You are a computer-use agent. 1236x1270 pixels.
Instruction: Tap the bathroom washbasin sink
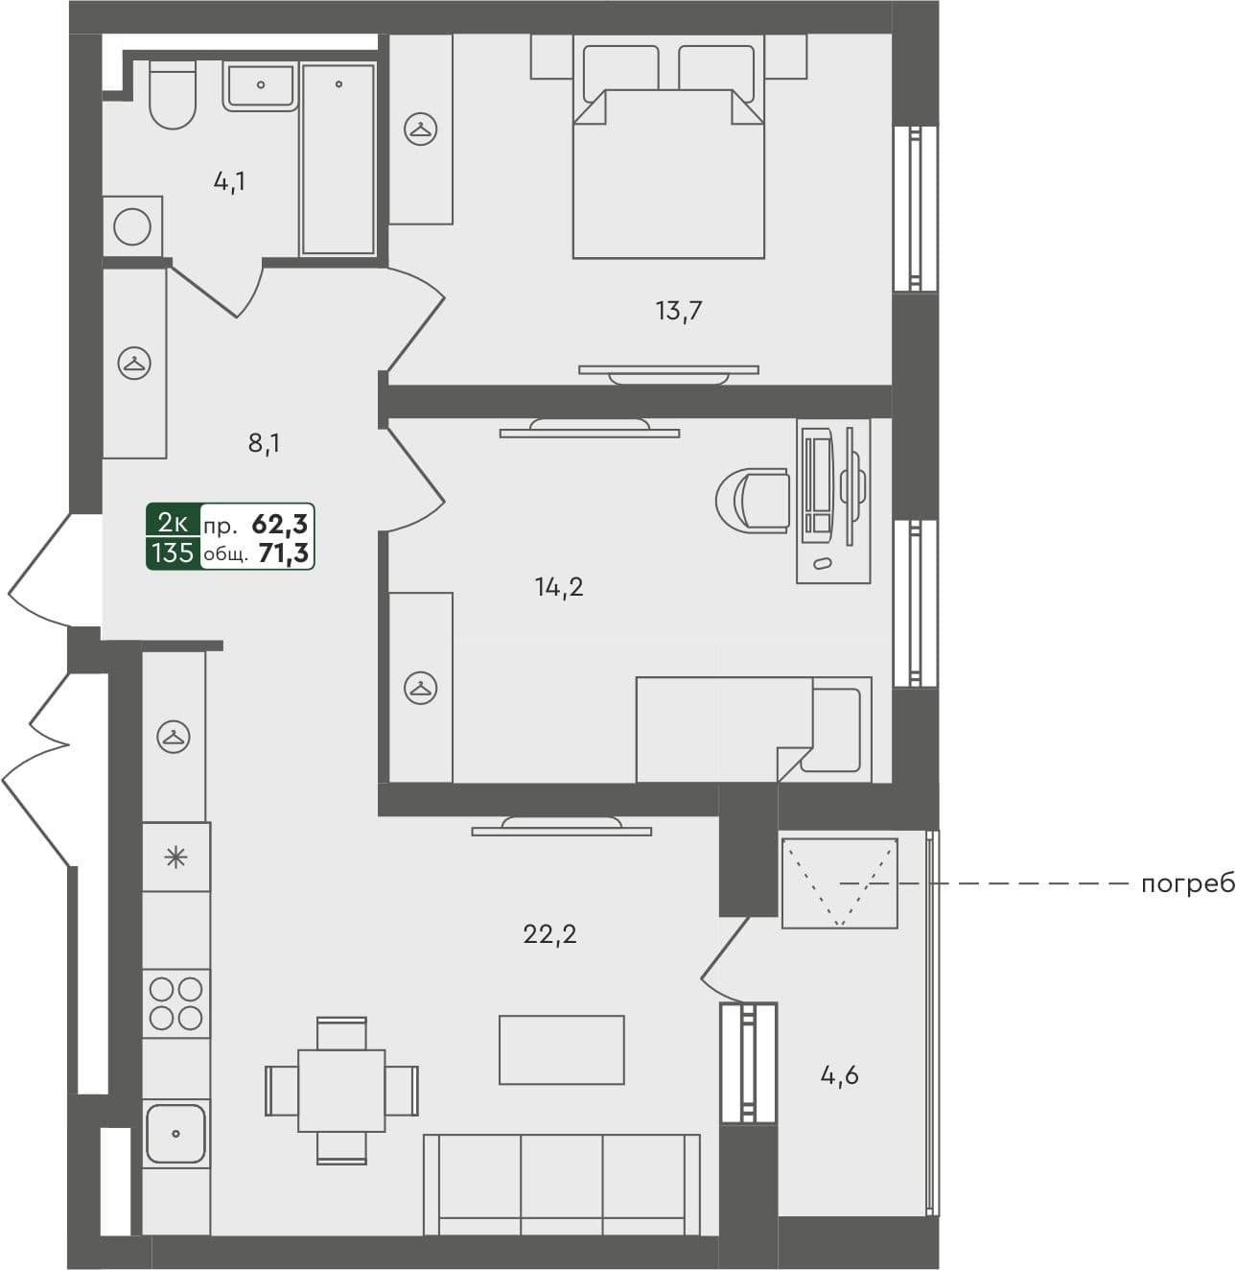point(261,85)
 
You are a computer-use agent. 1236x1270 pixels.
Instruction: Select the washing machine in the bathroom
point(132,227)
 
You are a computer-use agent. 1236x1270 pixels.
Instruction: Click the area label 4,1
point(229,181)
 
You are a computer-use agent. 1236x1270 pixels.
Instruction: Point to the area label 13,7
point(680,311)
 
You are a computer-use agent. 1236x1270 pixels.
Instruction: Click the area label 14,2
point(559,587)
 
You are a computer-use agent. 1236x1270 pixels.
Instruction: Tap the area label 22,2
point(549,934)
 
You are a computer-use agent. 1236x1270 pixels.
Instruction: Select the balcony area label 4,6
point(839,1076)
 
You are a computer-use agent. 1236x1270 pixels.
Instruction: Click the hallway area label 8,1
point(264,444)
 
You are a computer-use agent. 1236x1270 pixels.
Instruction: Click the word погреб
point(1187,883)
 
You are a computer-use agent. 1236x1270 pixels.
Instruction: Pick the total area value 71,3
point(283,553)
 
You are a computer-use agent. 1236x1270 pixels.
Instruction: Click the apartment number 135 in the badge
point(173,553)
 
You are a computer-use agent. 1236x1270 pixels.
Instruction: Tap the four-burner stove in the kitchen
point(176,1002)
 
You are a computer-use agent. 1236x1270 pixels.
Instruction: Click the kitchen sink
point(175,1133)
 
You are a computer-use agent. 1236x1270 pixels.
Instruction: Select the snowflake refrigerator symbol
point(176,857)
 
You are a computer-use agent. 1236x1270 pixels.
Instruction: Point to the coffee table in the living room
point(561,1049)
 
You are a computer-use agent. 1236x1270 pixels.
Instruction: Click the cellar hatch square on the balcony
point(839,883)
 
